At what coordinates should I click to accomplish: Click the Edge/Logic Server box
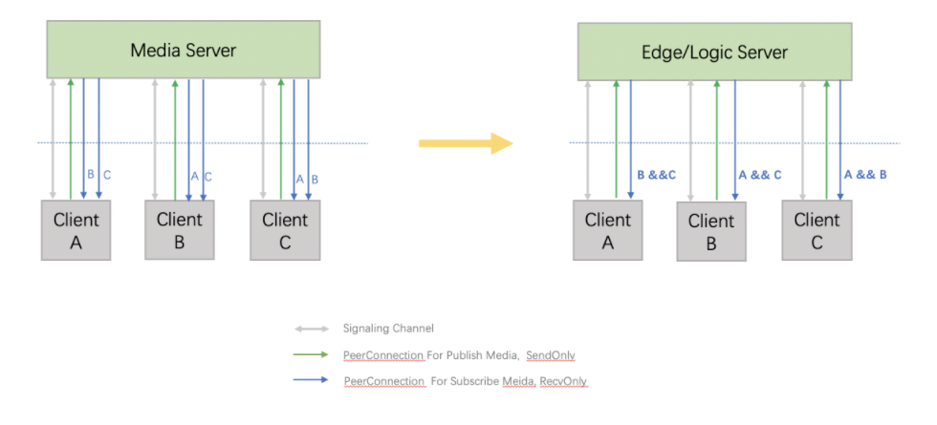tap(729, 52)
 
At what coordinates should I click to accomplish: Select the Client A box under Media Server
tap(76, 231)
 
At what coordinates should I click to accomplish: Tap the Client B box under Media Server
tap(180, 230)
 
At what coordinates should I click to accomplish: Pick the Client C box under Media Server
tap(285, 230)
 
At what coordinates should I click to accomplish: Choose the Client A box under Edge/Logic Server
tap(608, 231)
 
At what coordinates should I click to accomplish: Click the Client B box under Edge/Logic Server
tap(711, 232)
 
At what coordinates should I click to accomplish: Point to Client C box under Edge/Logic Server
tap(816, 231)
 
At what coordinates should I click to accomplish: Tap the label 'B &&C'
tap(657, 175)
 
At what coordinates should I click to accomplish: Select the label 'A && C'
tap(760, 175)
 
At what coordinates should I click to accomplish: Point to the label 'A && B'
tap(865, 175)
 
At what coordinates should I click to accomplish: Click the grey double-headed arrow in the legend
tap(311, 329)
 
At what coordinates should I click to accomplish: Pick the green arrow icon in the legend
tap(311, 355)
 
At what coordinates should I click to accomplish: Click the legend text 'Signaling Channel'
tap(388, 329)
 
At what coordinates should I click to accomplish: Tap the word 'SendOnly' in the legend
tap(551, 355)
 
